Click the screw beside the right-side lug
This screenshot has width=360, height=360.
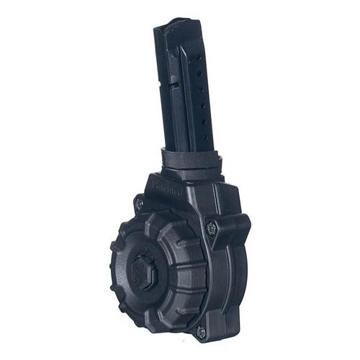(210, 228)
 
